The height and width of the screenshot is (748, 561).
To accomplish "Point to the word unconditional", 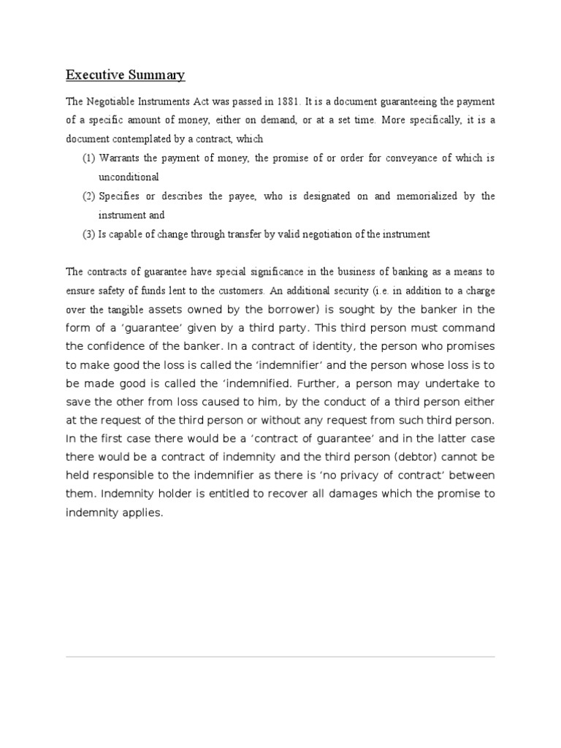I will tap(129, 178).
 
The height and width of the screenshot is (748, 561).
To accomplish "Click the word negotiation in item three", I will tap(337, 234).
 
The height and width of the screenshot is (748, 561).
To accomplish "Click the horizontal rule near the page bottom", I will tap(280, 657).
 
